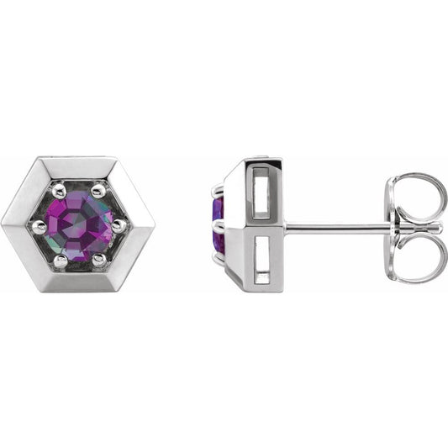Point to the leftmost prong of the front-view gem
click(39, 225)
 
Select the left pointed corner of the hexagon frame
click(7, 224)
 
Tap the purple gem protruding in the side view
click(217, 224)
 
